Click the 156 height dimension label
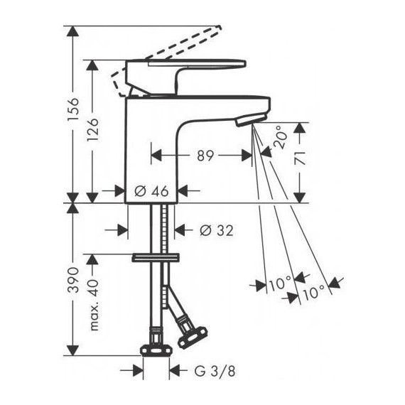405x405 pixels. pos(72,109)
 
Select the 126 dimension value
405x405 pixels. pos(92,130)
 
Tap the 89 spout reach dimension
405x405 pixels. pos(205,156)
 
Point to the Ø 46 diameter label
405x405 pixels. pos(151,191)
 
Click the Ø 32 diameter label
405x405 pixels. pos(217,230)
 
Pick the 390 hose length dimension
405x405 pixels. pos(72,280)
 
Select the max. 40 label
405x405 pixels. pos(94,305)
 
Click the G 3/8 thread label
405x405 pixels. pos(215,372)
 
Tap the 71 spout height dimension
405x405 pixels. pos(300,158)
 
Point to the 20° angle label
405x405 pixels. pos(280,137)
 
